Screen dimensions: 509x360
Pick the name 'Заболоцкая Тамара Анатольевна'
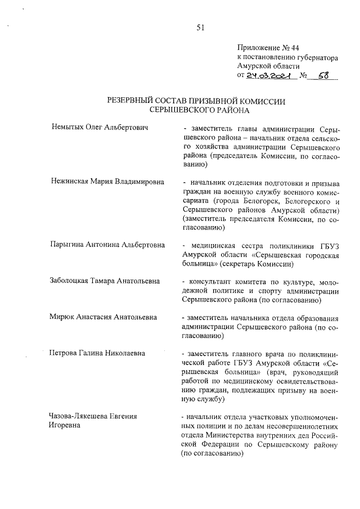pos(105,281)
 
